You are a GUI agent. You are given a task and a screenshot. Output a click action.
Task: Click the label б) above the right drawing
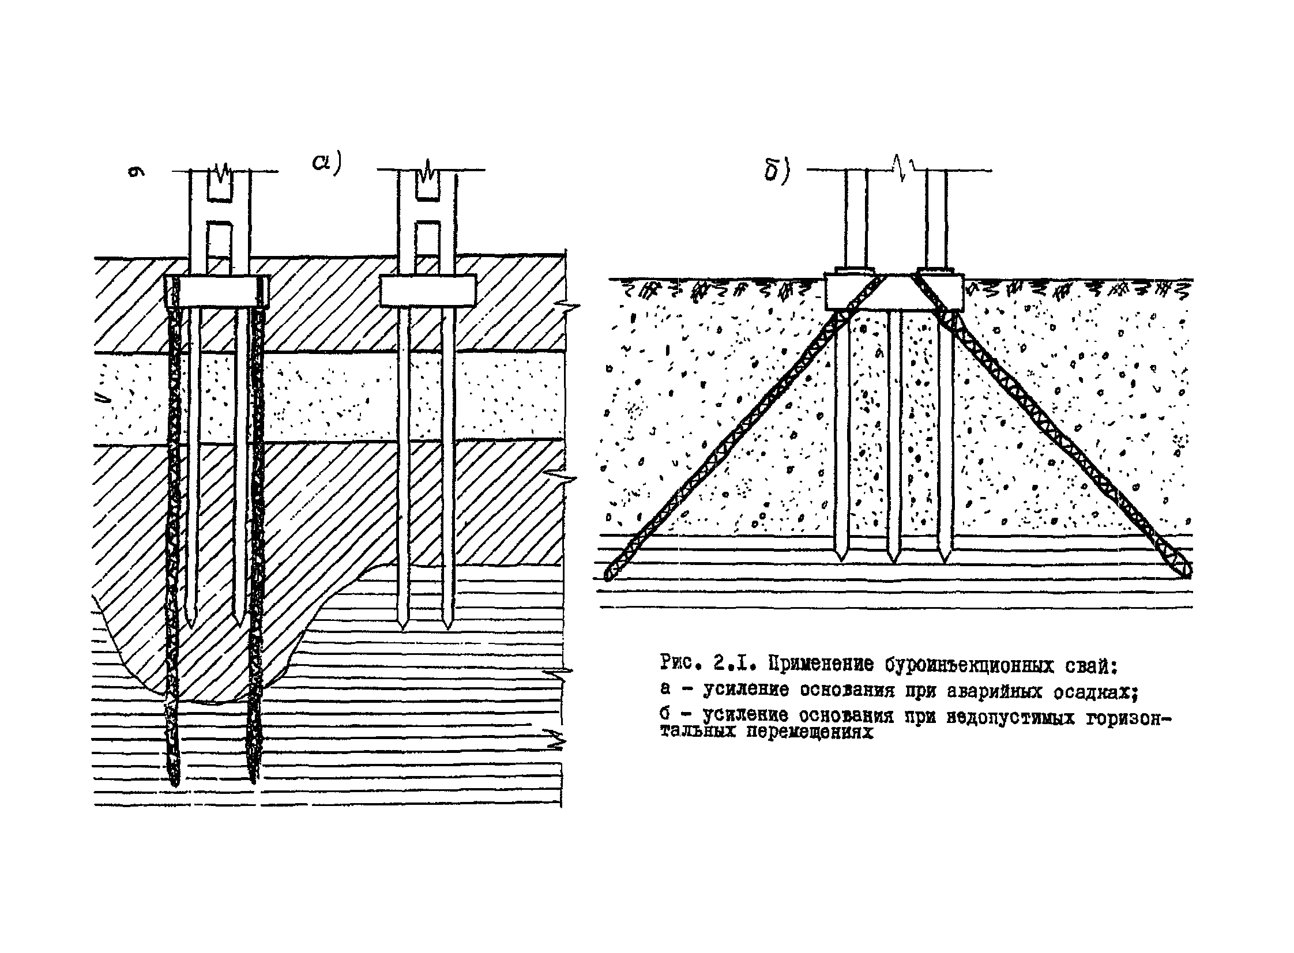(x=776, y=171)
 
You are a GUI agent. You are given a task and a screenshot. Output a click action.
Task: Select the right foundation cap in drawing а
(x=427, y=290)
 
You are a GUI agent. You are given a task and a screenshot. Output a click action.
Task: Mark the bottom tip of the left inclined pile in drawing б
(x=608, y=575)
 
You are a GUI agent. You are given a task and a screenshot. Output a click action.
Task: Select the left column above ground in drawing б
(x=856, y=219)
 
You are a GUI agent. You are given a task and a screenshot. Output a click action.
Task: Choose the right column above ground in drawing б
(x=936, y=219)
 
